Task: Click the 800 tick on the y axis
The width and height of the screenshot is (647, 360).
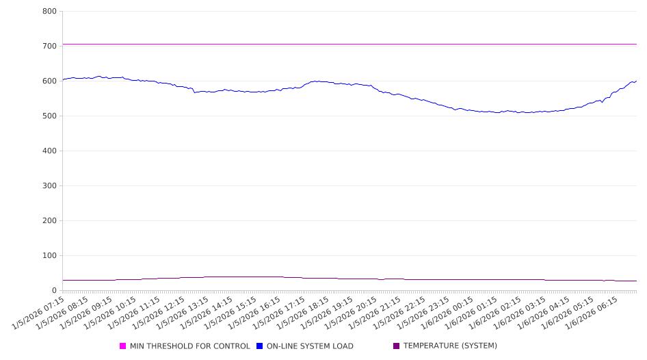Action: point(49,11)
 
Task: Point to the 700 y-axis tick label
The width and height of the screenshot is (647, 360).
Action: point(49,46)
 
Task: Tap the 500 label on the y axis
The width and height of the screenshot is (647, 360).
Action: point(49,116)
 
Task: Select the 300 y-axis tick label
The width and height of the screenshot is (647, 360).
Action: point(49,185)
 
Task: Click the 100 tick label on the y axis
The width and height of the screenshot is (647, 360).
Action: point(49,255)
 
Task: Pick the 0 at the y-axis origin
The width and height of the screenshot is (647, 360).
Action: point(54,290)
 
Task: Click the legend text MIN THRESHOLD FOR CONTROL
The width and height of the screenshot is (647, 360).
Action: point(189,346)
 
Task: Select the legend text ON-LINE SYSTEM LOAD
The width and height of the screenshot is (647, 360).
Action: point(309,346)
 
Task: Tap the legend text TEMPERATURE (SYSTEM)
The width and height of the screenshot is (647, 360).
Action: point(449,346)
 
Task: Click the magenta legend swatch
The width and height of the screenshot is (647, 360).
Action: point(123,346)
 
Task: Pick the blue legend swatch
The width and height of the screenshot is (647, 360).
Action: point(260,346)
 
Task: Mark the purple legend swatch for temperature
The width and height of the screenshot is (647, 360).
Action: point(397,346)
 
